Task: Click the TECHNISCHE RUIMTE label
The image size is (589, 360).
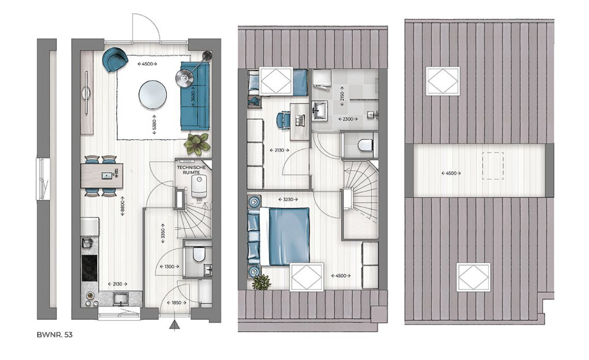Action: [x=191, y=170]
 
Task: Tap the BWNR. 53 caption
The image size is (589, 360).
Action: [x=54, y=335]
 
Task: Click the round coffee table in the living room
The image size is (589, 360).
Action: [x=153, y=95]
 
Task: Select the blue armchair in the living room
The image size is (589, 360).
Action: [x=115, y=59]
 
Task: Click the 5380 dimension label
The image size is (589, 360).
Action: [x=154, y=125]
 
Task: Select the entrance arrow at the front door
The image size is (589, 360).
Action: [x=174, y=325]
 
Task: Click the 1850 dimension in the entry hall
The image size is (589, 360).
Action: [x=176, y=303]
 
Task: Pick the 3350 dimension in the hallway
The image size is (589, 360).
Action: [x=163, y=233]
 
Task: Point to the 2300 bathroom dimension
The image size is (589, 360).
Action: [x=348, y=119]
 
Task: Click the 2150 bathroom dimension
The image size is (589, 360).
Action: [x=342, y=96]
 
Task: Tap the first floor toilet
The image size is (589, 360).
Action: [x=365, y=145]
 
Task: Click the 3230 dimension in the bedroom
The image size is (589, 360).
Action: [x=288, y=200]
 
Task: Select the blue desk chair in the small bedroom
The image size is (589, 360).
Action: [x=283, y=120]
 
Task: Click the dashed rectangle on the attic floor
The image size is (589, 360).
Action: [x=493, y=166]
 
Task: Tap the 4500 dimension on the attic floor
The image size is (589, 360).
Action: [x=451, y=174]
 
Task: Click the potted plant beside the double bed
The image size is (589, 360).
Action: [x=261, y=283]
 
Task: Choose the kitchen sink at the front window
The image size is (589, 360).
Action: [x=121, y=299]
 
